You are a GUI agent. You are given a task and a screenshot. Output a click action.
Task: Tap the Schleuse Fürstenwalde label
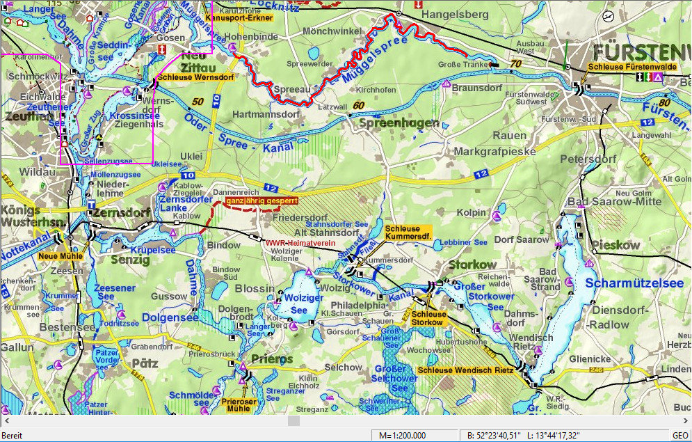(632, 67)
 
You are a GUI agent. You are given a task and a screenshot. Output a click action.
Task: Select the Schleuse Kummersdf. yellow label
(408, 232)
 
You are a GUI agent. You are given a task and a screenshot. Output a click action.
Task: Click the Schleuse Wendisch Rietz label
(465, 370)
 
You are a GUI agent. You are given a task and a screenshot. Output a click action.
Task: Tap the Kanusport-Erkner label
(239, 17)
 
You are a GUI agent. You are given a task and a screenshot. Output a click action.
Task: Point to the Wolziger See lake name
(299, 304)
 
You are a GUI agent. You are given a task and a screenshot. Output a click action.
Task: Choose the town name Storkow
(473, 265)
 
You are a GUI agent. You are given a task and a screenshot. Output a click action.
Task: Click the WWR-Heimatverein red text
(300, 244)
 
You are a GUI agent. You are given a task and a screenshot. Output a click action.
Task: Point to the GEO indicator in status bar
(679, 435)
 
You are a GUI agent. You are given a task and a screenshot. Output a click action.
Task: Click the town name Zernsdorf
(122, 212)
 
